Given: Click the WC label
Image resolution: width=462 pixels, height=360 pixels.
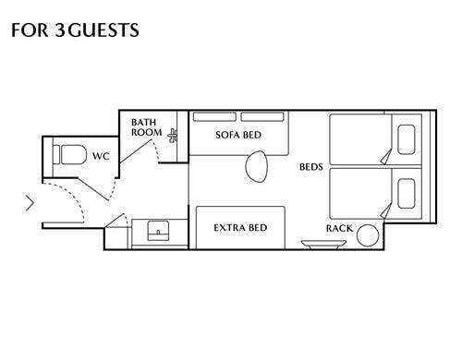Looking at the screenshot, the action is pos(101,156).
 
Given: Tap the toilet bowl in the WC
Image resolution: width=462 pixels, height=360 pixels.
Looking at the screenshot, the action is pos(74,154).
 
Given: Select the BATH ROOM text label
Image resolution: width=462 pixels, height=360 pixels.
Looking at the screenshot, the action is pos(146,127).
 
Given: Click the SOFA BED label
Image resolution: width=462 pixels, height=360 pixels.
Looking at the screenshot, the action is pos(238,135).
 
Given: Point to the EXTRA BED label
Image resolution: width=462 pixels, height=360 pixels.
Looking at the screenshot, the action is pos(240,228).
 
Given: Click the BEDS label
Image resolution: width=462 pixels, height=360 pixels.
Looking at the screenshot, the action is pos(311,167).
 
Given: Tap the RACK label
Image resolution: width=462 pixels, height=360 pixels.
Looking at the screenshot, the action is pos(339,228).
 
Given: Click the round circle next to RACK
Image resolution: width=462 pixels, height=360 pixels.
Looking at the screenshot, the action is pos(368,235).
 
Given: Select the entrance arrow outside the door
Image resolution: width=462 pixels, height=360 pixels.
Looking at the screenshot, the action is pos(30,203).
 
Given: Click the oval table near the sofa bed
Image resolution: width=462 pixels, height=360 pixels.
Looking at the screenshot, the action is pos(256,166).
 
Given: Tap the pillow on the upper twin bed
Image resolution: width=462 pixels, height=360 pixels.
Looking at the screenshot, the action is pos(407,139).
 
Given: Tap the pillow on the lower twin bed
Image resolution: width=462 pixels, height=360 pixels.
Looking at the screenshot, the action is pos(407,193).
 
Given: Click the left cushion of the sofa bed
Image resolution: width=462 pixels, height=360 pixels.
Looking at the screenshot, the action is pos(214,117).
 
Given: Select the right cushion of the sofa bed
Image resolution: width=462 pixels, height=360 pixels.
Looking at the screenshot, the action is pos(262,117).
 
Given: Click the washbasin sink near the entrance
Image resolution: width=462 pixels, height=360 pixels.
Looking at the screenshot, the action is pos(158,231).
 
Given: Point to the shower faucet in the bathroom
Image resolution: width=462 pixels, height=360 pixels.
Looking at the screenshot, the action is pos(173,136).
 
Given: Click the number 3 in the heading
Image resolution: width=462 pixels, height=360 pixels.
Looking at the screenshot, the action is pos(60,30).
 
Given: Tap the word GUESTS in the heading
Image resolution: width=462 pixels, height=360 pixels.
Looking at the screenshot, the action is pos(103,30).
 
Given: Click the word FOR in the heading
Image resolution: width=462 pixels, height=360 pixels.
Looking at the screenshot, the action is pos(30,30).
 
